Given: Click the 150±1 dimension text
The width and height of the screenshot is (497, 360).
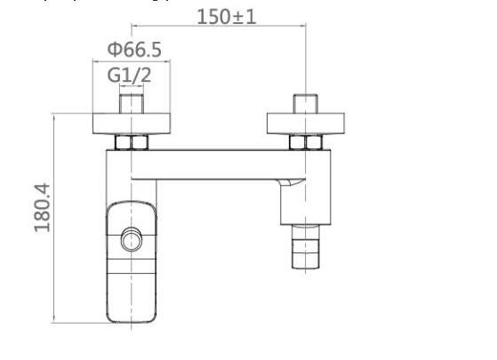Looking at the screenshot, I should pos(226,15).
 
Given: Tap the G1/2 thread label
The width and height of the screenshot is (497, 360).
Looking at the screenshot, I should pos(130,76).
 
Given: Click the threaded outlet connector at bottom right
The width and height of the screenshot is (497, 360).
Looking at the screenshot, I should pos(306,246).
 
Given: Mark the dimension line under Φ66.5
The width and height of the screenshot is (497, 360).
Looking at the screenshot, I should pos(132,60).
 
